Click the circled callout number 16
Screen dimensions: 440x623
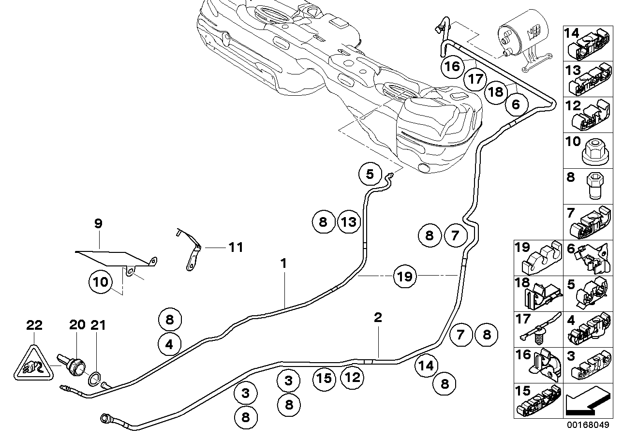pos(453,66)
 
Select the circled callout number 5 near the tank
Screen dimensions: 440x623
pos(370,174)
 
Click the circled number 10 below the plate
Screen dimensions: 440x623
pos(101,282)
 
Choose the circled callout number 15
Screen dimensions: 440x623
pos(324,377)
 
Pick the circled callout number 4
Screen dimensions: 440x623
pos(169,344)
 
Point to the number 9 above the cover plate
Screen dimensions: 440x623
pos(98,224)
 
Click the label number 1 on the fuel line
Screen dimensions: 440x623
pos(284,264)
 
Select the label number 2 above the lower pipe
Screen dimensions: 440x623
pos(378,318)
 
